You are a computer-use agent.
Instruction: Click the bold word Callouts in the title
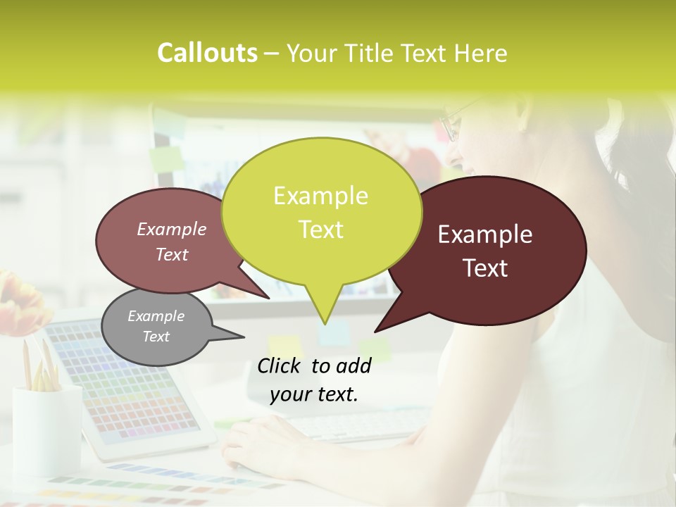[207, 53]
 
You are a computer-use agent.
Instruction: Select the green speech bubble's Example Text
[321, 213]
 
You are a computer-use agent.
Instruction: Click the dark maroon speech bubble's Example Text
[485, 251]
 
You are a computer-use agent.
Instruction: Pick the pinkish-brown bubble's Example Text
[172, 242]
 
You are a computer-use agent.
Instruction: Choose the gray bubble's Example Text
[156, 326]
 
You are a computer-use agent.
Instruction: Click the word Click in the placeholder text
[281, 365]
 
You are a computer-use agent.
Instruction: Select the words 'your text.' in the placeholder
[314, 394]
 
